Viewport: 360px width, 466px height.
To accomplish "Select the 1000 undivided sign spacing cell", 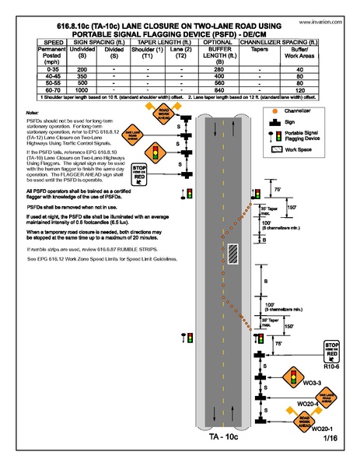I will tap(78, 90).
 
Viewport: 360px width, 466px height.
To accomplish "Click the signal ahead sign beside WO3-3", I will tap(293, 378).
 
